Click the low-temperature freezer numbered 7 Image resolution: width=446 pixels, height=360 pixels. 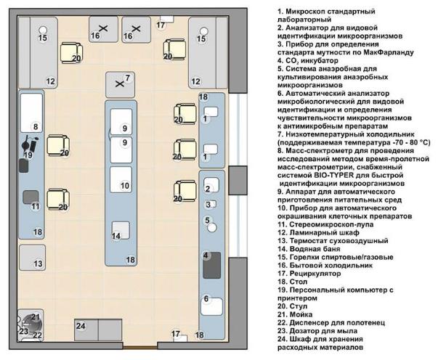(120, 85)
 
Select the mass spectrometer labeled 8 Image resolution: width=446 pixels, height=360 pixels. (31, 112)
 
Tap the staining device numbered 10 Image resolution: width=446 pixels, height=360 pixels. (121, 179)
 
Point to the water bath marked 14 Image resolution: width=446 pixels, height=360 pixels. (121, 230)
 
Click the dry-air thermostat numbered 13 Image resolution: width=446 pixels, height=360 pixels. (33, 258)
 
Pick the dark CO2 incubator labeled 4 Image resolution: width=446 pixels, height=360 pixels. (212, 266)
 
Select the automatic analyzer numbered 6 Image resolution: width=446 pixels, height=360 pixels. (211, 306)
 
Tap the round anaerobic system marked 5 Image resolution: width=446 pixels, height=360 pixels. (212, 227)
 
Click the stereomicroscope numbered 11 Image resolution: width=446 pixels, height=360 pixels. (31, 197)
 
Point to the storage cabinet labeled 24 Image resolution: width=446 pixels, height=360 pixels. (98, 330)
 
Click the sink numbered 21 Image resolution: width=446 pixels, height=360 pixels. (31, 324)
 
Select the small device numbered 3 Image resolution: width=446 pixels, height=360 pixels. (212, 204)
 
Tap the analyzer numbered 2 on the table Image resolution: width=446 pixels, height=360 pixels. (211, 184)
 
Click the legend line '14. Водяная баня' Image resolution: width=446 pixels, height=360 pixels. (309, 249)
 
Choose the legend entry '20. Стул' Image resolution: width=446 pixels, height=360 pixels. (293, 306)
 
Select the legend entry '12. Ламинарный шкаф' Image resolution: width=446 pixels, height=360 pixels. (318, 233)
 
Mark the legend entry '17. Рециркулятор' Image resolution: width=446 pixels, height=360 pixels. (309, 274)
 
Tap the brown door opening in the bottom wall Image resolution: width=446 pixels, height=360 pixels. (140, 348)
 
